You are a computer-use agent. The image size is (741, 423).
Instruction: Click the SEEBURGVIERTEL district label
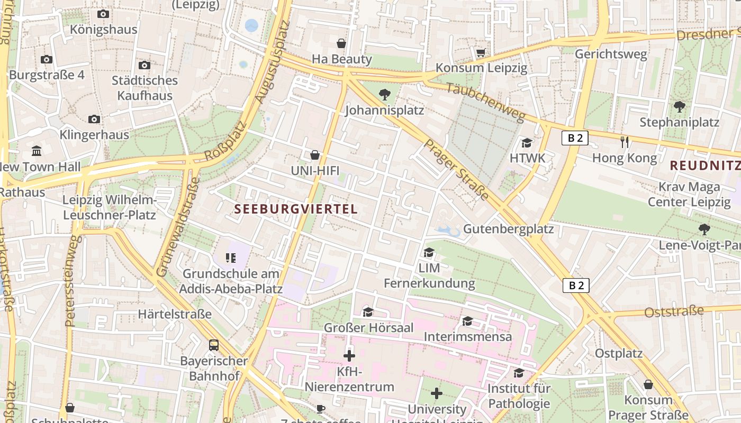[296, 209]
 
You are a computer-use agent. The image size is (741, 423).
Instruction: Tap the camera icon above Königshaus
[103, 14]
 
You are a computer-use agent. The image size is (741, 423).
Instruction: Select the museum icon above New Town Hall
[37, 151]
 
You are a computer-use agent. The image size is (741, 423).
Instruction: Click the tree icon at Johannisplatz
[385, 95]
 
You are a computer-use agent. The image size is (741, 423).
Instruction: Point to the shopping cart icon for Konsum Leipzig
[481, 52]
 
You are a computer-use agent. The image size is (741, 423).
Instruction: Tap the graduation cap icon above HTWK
[527, 143]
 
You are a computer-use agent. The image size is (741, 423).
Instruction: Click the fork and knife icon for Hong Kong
[625, 142]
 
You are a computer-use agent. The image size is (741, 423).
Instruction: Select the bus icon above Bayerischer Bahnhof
[214, 345]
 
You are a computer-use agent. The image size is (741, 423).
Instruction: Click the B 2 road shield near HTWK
[575, 138]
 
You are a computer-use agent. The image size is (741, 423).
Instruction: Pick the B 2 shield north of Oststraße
[575, 286]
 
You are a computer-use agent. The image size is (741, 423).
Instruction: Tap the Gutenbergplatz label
[508, 229]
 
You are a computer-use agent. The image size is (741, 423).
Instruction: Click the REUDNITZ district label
[704, 165]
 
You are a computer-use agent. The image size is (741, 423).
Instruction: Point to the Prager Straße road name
[456, 170]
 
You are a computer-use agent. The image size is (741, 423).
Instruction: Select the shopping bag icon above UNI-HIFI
[315, 155]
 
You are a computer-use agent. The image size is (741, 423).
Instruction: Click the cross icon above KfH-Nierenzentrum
[349, 355]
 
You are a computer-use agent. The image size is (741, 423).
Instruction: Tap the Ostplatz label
[618, 353]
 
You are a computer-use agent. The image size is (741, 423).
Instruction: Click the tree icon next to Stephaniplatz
[680, 107]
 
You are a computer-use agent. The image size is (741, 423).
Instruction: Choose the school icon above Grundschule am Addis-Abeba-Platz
[230, 258]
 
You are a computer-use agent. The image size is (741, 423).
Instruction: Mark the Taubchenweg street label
[485, 102]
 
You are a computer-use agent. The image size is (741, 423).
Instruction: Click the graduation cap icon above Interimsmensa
[467, 321]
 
